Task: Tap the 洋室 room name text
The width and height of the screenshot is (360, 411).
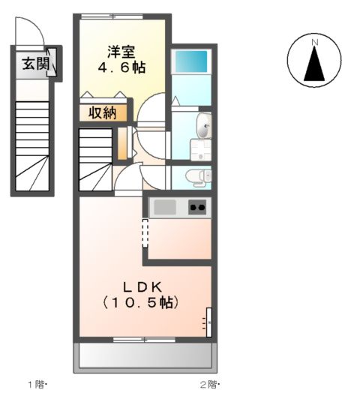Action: (121, 52)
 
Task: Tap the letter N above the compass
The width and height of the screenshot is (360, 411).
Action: (315, 41)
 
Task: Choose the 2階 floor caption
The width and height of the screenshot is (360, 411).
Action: (208, 385)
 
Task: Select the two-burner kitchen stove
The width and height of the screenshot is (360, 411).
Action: (197, 207)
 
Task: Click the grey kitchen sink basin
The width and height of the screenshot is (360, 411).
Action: (164, 207)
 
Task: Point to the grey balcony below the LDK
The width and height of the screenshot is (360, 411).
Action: (145, 355)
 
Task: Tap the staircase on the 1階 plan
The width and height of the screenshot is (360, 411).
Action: (32, 142)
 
